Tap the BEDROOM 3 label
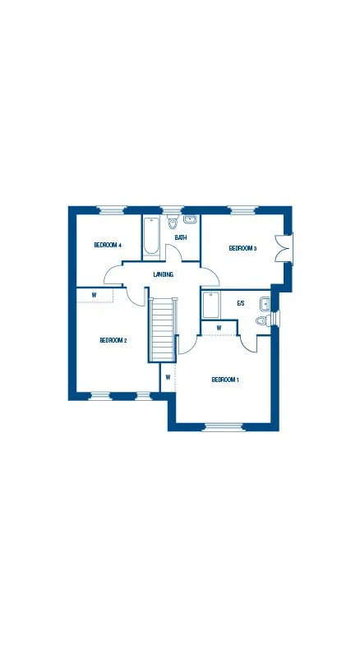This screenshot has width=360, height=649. point(242,248)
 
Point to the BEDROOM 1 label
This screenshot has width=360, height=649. point(225,380)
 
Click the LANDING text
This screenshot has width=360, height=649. point(164,274)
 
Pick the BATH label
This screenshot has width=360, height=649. point(181,237)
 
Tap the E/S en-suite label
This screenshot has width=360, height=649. point(241,303)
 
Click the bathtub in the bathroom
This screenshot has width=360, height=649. point(150,237)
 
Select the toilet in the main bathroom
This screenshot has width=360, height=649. point(172,223)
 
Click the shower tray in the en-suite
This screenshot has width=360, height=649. point(211,305)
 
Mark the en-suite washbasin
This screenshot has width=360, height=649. point(265,304)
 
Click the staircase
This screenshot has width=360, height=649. point(163,329)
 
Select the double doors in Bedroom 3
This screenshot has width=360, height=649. point(284,248)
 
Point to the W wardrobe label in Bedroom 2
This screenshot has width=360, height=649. point(94,296)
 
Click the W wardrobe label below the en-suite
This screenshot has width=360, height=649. point(219,328)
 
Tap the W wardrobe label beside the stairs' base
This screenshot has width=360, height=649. point(168,377)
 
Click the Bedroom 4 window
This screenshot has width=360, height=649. point(112,209)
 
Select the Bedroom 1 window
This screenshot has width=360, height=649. point(223,427)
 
